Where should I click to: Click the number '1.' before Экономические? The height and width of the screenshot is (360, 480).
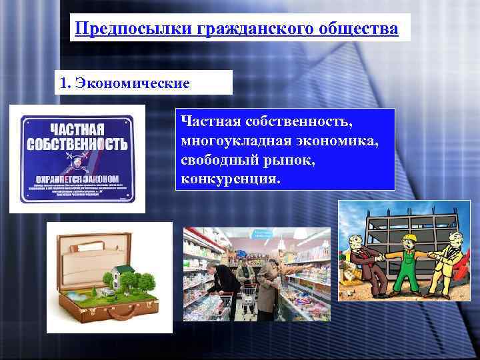65,83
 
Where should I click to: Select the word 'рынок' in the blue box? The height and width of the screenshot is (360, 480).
273,161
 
